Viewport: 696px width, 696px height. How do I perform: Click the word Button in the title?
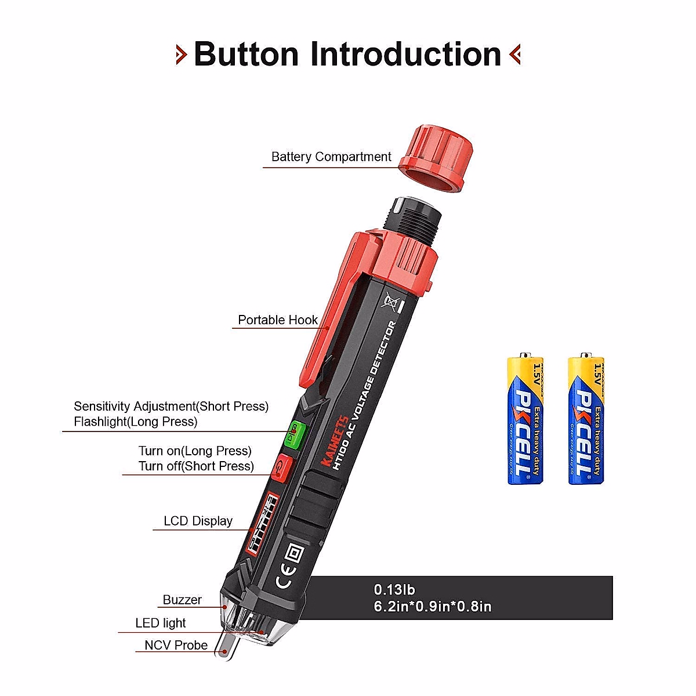(246, 55)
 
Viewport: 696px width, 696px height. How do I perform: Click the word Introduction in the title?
(405, 55)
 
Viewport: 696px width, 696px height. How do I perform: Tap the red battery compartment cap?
(435, 159)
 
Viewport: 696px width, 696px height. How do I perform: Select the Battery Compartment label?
(331, 157)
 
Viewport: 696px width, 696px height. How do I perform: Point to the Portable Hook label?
(278, 320)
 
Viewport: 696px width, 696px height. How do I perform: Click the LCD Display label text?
(198, 521)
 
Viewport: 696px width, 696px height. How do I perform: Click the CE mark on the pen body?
(280, 581)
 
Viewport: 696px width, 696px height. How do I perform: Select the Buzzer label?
(182, 600)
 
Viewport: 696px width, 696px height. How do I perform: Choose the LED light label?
(161, 623)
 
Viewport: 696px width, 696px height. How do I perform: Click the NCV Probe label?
(176, 645)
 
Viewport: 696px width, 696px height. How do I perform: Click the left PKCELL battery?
(525, 420)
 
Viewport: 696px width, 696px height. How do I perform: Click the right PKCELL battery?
(586, 420)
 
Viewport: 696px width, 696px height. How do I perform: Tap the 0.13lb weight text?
(394, 590)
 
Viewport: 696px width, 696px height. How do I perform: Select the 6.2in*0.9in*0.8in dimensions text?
(433, 607)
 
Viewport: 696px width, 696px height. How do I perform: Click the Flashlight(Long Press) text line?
(135, 422)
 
